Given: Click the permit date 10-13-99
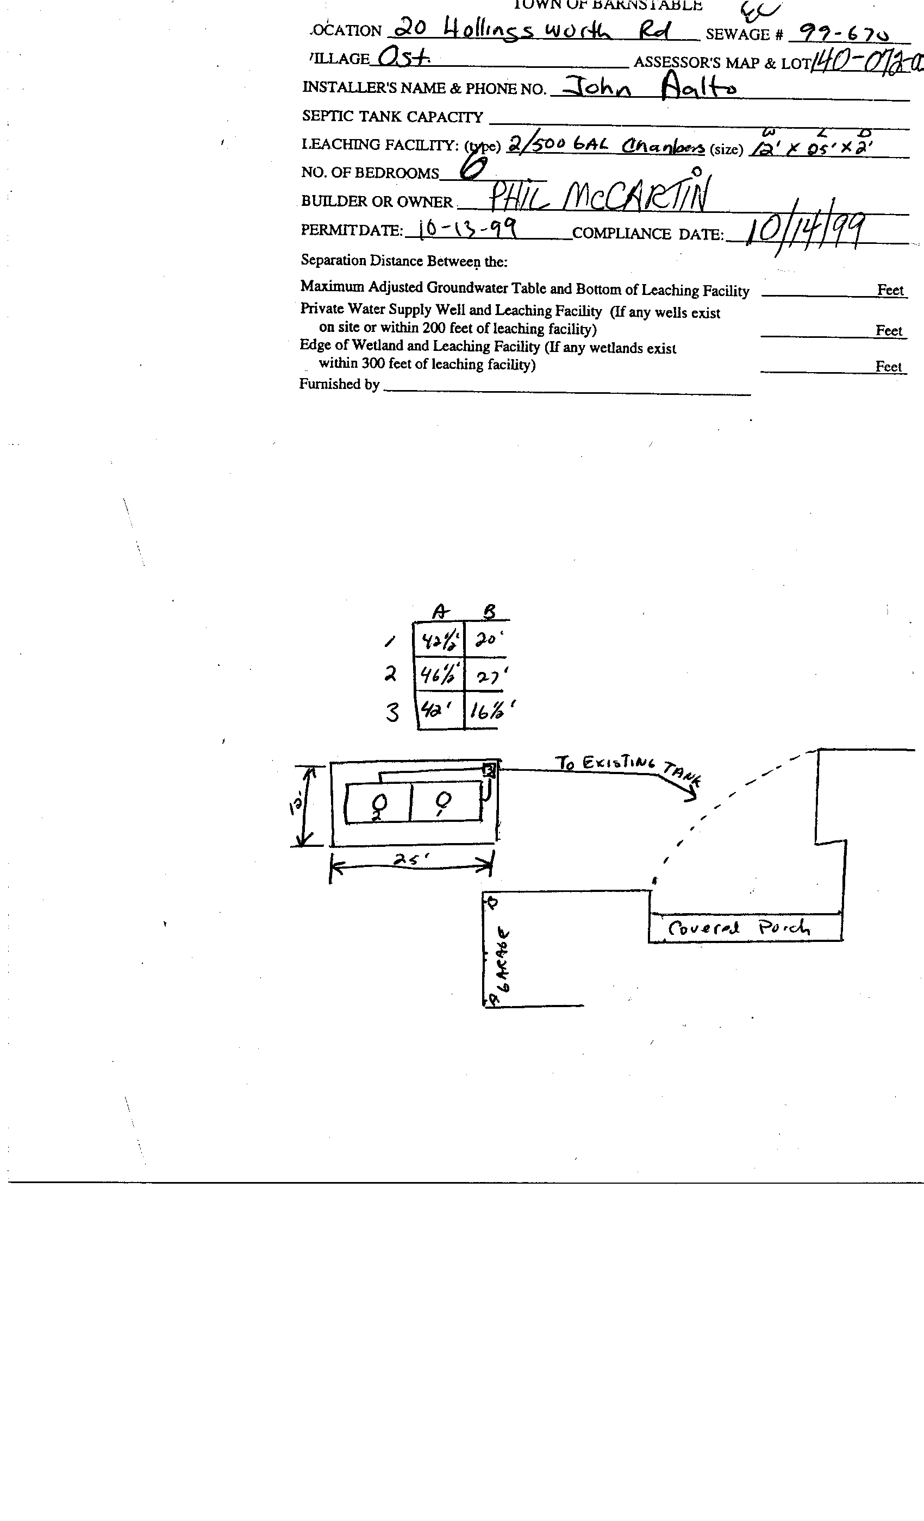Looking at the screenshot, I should coord(466,230).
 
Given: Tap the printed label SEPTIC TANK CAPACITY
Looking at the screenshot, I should coord(392,116).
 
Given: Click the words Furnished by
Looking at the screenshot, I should coord(339,384).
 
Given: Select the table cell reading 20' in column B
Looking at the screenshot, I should coord(486,639).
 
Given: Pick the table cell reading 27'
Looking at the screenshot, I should coord(491,676).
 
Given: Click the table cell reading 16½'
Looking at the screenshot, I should coord(491,711).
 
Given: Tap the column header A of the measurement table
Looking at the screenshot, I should coord(439,612).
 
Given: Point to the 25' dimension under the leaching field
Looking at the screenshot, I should coord(411,859).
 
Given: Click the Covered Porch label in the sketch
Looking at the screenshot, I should coord(738,927).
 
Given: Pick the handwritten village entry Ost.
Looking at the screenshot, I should coord(403,59).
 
